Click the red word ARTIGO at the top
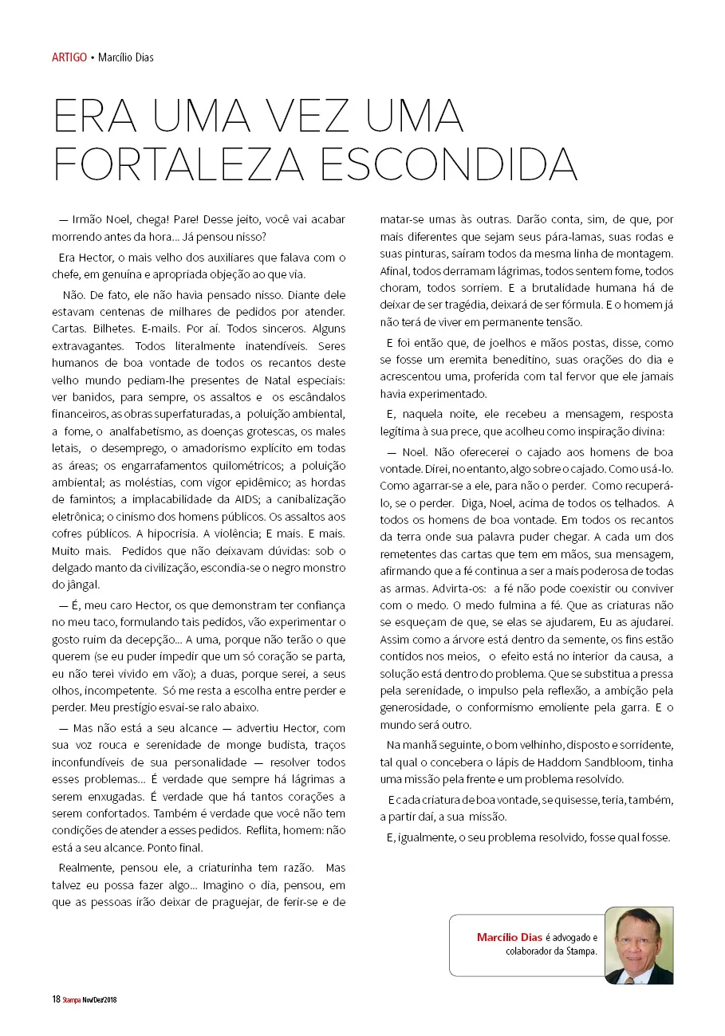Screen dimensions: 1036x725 (69, 57)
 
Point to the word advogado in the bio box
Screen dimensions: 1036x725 (574, 937)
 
